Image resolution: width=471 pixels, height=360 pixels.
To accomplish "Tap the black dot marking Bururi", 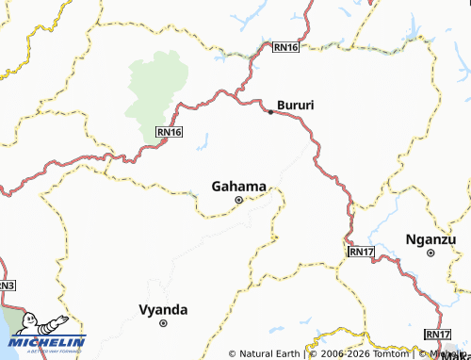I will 270,112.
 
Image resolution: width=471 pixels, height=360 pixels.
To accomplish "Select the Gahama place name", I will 239,186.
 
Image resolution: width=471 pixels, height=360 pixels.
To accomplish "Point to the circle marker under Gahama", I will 238,200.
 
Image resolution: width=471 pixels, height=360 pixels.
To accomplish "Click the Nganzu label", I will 431,238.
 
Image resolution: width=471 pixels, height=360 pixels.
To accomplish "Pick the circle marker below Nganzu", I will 430,253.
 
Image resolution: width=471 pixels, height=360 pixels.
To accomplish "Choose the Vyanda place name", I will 163,309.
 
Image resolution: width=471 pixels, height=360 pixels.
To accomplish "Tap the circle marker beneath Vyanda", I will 163,323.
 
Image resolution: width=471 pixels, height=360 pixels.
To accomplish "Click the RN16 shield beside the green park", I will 168,133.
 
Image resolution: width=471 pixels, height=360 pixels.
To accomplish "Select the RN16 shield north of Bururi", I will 285,46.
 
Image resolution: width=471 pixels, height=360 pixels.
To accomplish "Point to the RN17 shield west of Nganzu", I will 361,252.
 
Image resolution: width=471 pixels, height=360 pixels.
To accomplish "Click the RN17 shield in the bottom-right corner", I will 438,335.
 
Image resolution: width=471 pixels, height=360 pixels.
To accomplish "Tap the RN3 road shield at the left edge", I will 7,285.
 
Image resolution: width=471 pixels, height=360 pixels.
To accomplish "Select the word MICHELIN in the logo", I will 53,341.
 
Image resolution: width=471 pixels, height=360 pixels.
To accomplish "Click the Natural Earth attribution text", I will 268,354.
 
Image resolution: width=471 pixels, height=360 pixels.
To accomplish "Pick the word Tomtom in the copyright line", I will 388,354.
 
